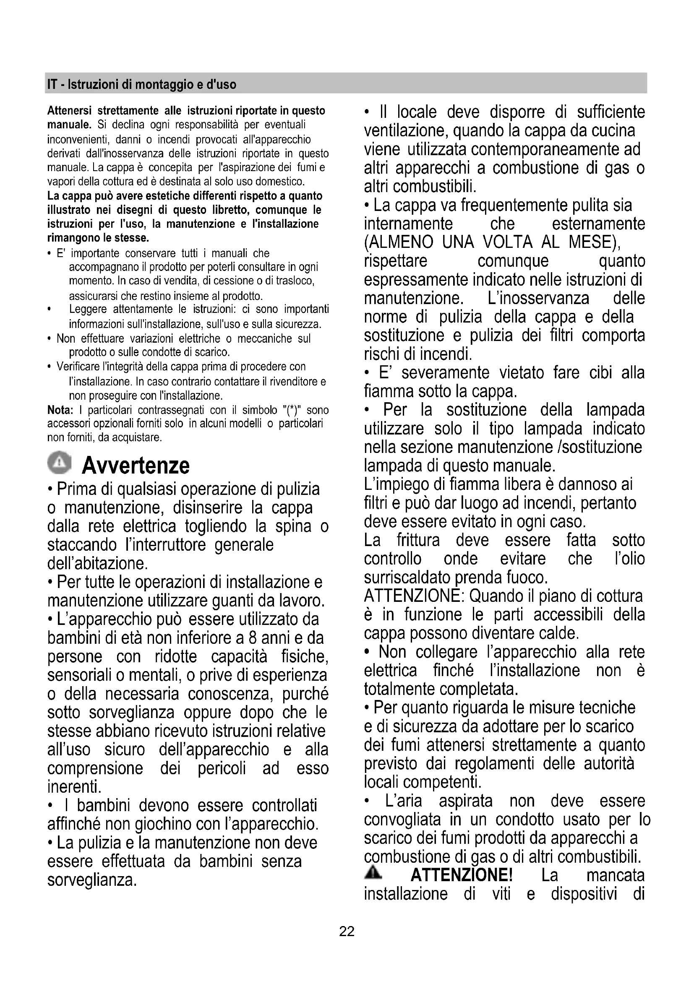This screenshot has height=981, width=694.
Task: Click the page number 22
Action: (347, 931)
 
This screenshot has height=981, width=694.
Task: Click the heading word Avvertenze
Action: (136, 465)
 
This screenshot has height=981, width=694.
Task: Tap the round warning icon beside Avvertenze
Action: (60, 462)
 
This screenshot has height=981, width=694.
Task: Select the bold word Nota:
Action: (60, 410)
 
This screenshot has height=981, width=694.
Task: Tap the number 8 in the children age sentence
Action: (253, 638)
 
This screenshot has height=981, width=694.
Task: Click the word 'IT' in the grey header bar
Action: (52, 85)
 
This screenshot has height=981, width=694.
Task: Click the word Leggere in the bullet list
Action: (88, 309)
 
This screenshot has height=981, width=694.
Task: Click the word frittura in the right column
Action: (418, 540)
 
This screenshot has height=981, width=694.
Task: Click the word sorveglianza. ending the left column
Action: (92, 880)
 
